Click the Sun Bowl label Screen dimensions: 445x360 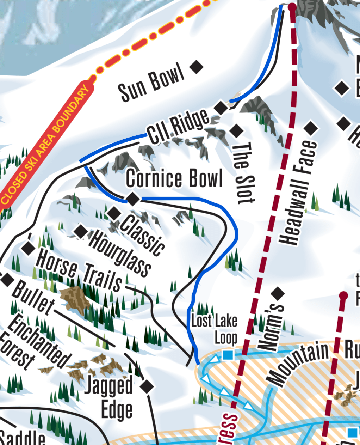(152, 83)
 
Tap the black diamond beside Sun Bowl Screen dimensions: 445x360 (196, 67)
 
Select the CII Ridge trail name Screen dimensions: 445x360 (178, 126)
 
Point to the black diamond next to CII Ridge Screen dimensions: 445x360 (221, 108)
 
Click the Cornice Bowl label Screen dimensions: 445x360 (174, 178)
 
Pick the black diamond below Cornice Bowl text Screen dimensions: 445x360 (132, 199)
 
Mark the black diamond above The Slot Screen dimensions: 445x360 (236, 131)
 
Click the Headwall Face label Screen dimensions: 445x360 (298, 193)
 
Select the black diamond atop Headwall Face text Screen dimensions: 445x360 (311, 129)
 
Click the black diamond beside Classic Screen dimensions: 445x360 (114, 213)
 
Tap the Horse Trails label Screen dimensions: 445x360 (79, 270)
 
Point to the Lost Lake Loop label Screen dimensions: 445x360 (214, 329)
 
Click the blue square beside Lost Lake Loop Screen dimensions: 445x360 (228, 355)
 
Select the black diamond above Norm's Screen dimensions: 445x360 (278, 292)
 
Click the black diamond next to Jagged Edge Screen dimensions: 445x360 (147, 386)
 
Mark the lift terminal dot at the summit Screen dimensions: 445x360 (292, 6)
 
